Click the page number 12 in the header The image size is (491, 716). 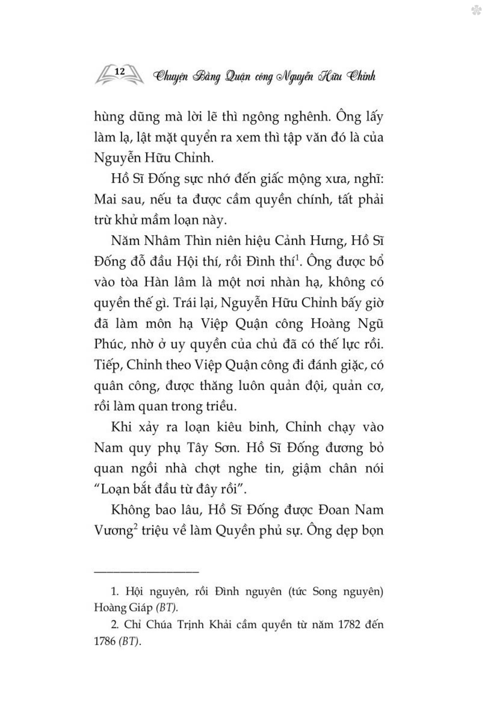[119, 71]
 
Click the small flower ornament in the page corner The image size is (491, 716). [476, 10]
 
